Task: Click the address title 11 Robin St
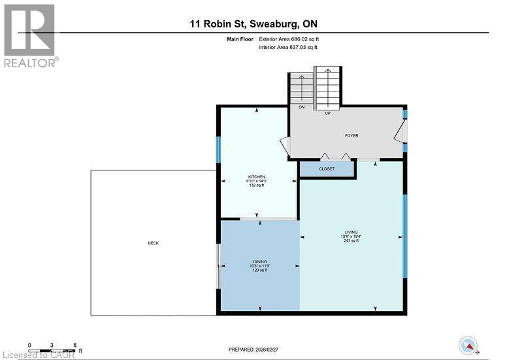[253, 24]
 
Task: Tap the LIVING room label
[352, 232]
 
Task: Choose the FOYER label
[352, 136]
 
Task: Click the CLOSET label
[327, 169]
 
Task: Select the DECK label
[154, 243]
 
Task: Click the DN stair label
[301, 107]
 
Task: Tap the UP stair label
[327, 113]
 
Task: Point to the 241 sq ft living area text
[352, 241]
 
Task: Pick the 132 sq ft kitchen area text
[255, 186]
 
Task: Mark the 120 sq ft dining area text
[260, 270]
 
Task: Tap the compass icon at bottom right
[468, 345]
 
